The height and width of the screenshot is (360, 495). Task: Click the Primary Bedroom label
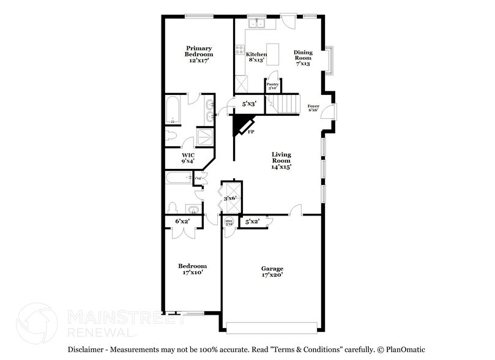[x=199, y=54]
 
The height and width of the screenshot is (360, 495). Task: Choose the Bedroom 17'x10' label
[x=192, y=269]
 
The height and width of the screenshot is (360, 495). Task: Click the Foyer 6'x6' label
[x=313, y=108]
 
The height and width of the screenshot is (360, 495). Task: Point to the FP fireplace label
[x=251, y=130]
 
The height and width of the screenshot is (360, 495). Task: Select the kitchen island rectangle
[x=270, y=51]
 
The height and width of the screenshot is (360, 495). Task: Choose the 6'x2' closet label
[x=182, y=221]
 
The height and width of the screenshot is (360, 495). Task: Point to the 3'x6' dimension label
[x=231, y=198]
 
